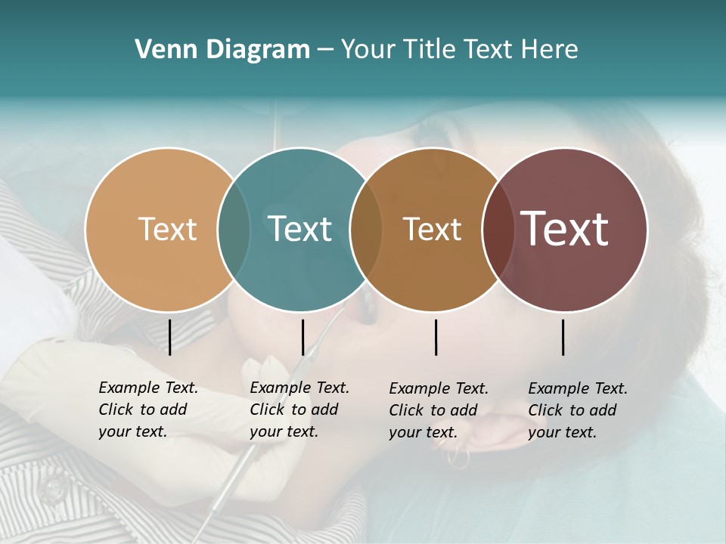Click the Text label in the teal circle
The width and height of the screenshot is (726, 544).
[x=300, y=229]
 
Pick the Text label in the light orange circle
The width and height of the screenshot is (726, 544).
[x=168, y=229]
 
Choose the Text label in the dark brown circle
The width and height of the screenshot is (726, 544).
[x=433, y=229]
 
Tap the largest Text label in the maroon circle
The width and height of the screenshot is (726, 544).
[x=565, y=229]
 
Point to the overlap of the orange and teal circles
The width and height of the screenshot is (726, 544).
[x=234, y=229]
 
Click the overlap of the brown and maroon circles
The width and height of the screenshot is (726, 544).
[x=498, y=229]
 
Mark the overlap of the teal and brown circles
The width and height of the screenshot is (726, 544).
[x=366, y=229]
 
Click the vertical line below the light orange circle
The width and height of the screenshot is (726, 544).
[x=169, y=337]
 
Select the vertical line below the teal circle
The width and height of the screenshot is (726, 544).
[x=302, y=337]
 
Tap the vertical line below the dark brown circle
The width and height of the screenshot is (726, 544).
[x=436, y=337]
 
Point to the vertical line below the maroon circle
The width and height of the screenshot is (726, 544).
[x=563, y=337]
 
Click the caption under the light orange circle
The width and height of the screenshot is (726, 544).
[x=148, y=410]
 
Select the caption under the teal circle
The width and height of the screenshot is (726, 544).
[x=299, y=410]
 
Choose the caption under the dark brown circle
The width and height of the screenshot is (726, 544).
[x=439, y=410]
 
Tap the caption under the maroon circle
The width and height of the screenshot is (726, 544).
[x=578, y=410]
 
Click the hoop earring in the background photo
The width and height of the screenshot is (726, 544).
[x=458, y=456]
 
